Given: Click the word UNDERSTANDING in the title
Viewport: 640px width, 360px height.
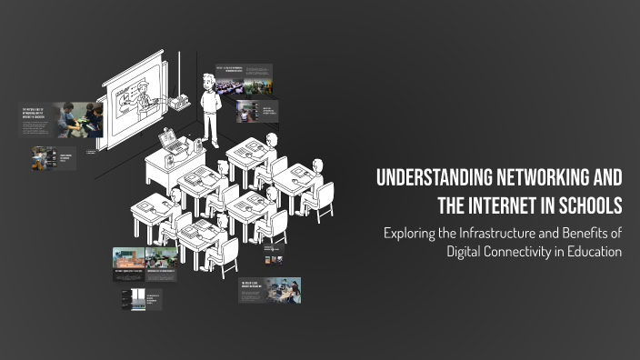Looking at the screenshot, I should pyautogui.click(x=428, y=176).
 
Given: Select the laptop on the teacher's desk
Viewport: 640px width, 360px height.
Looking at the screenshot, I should pyautogui.click(x=170, y=140).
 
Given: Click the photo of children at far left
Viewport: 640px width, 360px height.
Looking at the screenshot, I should pyautogui.click(x=75, y=119).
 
